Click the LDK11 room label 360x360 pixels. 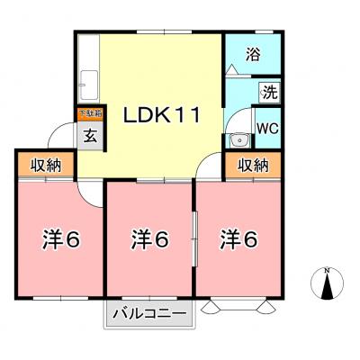coord(161,116)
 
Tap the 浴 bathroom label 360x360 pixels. coord(254,54)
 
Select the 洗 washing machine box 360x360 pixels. coord(268,91)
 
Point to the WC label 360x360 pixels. coord(268,128)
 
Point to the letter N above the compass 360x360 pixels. coord(328,270)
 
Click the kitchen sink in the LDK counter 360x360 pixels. coord(88,89)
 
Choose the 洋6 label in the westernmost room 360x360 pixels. coord(61,240)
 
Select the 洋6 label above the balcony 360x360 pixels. coord(150,240)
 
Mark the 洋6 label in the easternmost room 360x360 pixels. coord(240,240)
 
